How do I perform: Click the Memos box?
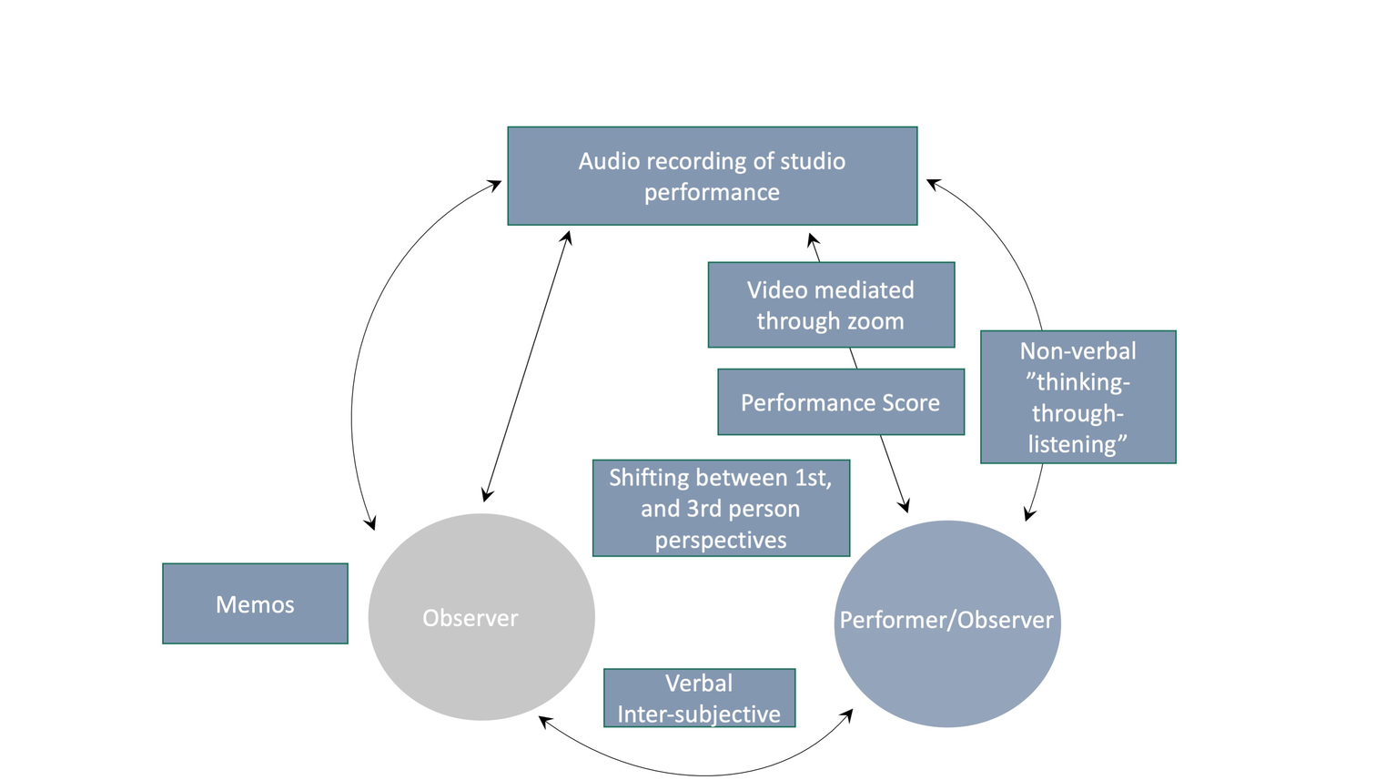click(x=255, y=603)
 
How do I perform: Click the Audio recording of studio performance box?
click(x=712, y=176)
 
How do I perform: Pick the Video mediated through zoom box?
click(x=831, y=305)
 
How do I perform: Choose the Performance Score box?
click(x=840, y=402)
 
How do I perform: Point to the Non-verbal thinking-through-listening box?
click(x=1077, y=397)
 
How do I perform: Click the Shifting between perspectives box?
click(x=721, y=508)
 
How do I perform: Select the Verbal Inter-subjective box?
click(x=699, y=698)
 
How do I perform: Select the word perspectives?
click(x=721, y=540)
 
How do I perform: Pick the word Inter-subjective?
click(x=699, y=714)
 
